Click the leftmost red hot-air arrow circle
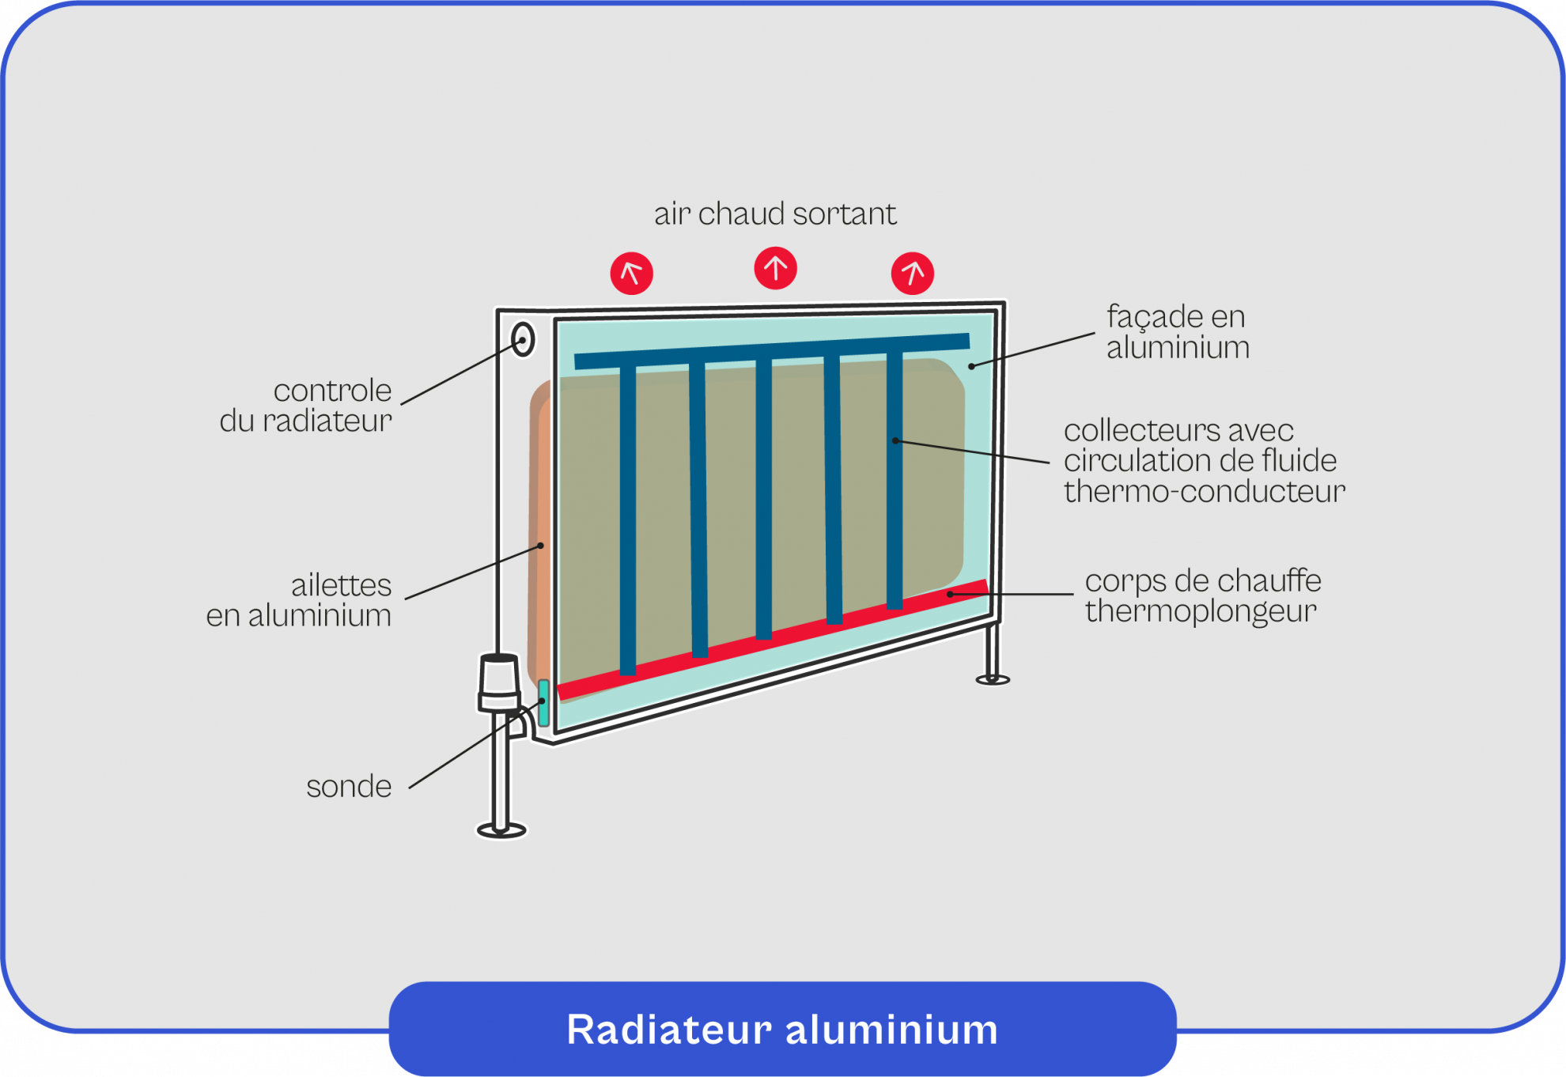coord(631,274)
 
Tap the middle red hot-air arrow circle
coord(775,268)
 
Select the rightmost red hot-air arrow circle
coord(912,274)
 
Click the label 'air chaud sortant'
coord(775,214)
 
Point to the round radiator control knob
coord(523,339)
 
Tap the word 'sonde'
coord(349,786)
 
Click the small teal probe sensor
coord(544,702)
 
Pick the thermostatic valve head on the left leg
coord(499,682)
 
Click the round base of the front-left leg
coord(501,829)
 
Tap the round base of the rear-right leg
coord(993,678)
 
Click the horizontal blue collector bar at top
coord(771,351)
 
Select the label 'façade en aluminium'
coord(1177,332)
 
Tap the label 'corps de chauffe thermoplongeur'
coord(1202,595)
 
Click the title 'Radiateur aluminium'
coord(782,1029)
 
